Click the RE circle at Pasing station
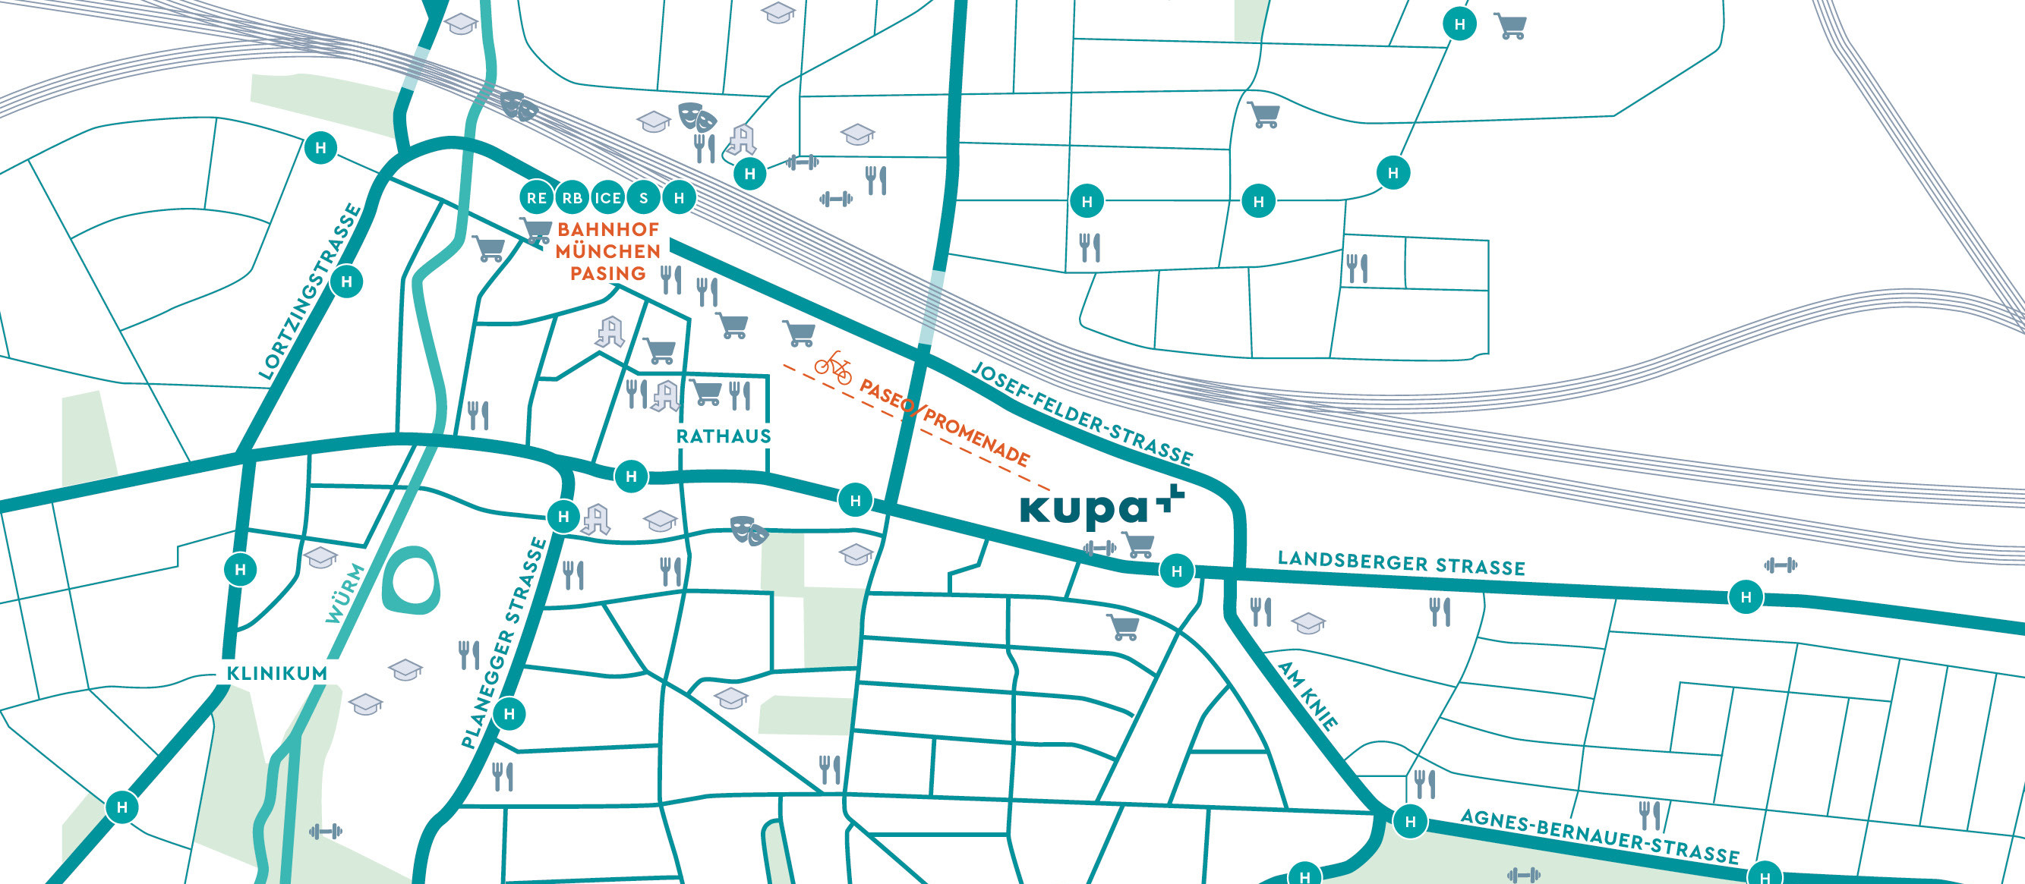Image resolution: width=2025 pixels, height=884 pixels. coord(537,198)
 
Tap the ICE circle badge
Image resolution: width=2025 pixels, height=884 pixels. coord(607,198)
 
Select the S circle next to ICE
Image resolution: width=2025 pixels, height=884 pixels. coord(644,198)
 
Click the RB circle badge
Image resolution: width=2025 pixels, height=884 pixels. coord(572,198)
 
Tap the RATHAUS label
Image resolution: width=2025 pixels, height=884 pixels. coord(723,436)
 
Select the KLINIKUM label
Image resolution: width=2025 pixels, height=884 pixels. coord(276,673)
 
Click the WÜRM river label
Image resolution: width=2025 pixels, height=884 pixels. coord(346,593)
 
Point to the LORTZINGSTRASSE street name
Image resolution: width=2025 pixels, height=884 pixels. coord(311,292)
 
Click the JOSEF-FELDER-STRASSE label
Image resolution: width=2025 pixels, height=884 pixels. coord(1083,414)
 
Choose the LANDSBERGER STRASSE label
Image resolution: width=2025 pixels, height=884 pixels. coord(1401,562)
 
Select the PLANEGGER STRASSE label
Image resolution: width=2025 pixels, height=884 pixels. coord(504,643)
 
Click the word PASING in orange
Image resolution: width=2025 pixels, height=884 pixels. coord(607,273)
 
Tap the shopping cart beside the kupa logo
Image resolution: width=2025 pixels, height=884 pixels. coord(1138,544)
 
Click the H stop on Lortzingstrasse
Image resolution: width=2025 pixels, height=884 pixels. coord(347,282)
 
